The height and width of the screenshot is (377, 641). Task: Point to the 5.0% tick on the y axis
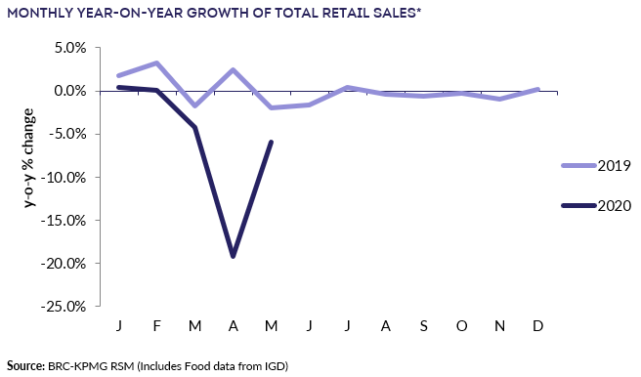68,48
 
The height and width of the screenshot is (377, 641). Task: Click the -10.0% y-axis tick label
64,177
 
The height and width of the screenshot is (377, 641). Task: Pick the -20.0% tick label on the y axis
64,263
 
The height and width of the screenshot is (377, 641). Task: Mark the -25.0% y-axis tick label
64,306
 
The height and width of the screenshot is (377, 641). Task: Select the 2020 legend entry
596,205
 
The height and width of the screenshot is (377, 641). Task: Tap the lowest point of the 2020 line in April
233,256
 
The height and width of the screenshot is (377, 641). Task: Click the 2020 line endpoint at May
271,142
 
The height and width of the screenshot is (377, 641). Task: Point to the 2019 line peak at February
156,63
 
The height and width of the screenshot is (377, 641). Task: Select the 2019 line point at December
537,89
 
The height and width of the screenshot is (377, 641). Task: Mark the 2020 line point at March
194,127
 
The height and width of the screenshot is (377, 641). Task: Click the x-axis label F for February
156,322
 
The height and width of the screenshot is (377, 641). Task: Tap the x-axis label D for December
537,322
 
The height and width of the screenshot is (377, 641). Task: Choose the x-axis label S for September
423,322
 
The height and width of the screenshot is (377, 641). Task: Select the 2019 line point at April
233,69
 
